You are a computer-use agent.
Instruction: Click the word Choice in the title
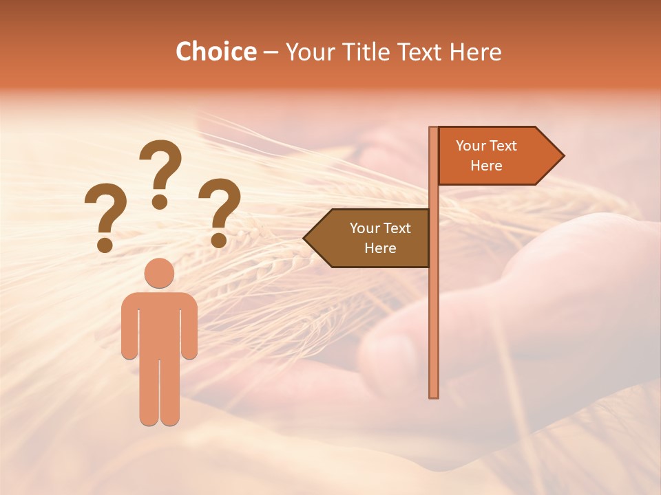click(216, 52)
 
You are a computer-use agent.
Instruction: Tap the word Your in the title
click(309, 52)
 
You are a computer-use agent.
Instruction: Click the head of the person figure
click(160, 274)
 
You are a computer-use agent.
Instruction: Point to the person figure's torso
click(160, 323)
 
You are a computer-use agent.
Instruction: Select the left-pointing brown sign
click(372, 238)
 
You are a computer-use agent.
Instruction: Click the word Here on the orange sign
click(486, 166)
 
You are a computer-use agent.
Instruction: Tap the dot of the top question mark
click(160, 201)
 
